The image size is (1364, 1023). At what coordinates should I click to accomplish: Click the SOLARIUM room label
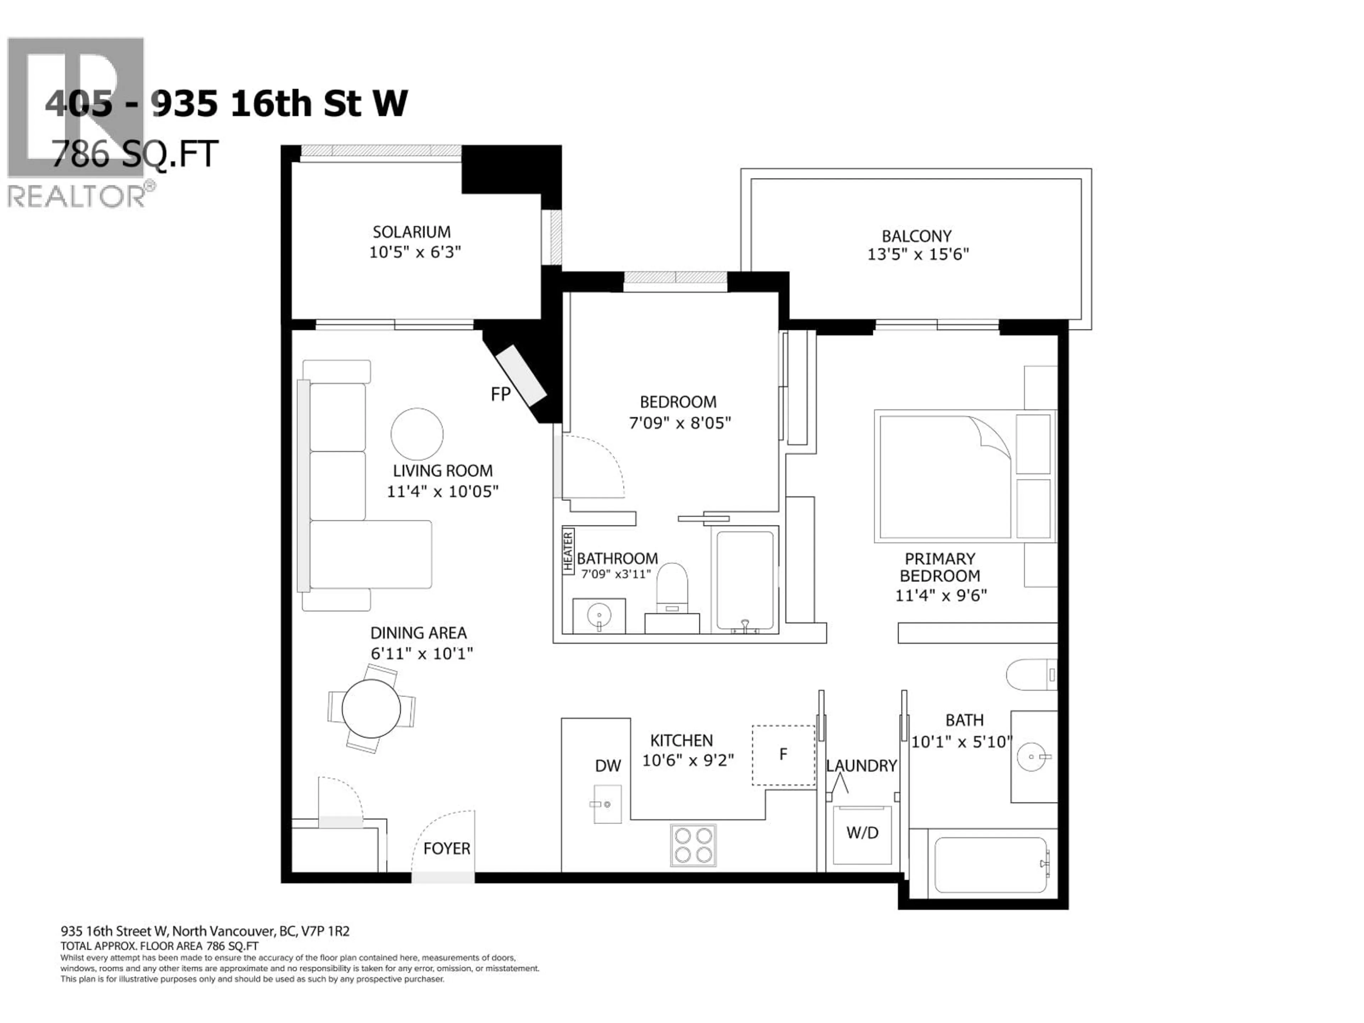point(411,232)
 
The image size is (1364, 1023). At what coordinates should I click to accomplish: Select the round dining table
point(371,708)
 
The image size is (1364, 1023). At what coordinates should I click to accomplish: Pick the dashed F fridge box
point(783,755)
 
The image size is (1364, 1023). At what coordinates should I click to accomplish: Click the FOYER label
point(446,849)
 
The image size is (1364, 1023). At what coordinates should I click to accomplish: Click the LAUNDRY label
point(861,766)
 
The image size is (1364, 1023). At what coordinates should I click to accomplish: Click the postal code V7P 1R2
point(325,931)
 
